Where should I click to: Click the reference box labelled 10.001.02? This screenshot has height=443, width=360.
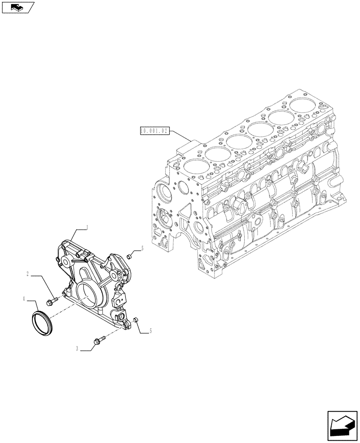[x=153, y=131]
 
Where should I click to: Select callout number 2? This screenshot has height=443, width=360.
[x=27, y=274]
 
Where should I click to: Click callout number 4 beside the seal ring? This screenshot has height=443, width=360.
[x=24, y=299]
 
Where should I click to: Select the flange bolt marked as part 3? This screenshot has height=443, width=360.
[x=98, y=340]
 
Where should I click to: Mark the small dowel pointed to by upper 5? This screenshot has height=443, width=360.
[x=129, y=256]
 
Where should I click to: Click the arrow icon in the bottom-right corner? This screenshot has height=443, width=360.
[x=342, y=426]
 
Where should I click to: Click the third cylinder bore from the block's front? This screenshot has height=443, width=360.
[x=239, y=142]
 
